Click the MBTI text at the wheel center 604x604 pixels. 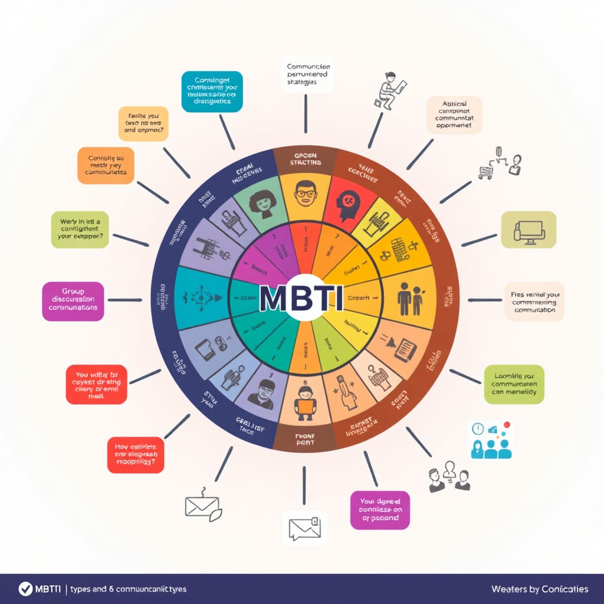click(301, 299)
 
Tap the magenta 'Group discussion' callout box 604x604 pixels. click(73, 301)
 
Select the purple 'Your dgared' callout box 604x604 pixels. click(380, 510)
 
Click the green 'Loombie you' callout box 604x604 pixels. click(514, 384)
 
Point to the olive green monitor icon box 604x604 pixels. click(528, 229)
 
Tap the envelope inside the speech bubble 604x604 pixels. click(304, 527)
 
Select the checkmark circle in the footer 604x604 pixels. click(25, 589)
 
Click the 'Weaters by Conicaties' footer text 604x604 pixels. click(539, 589)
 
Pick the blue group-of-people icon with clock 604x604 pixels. click(490, 440)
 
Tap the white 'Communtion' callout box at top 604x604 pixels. click(308, 74)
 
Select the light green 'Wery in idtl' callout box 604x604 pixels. click(80, 229)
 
